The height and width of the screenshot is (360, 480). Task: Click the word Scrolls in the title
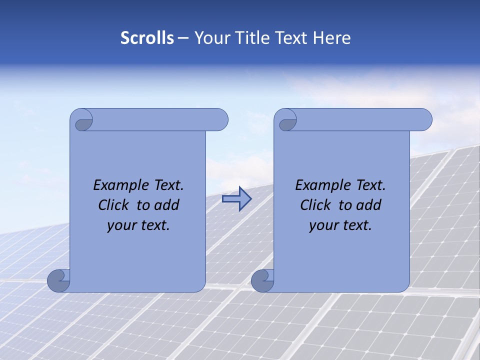tap(147, 38)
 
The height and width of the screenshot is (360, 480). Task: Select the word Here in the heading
tap(332, 38)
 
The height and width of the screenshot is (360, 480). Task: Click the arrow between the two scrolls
tap(236, 199)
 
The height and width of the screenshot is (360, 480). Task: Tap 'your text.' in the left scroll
tap(138, 225)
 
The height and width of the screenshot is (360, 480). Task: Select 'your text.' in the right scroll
tap(340, 225)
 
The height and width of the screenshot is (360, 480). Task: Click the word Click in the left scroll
tap(114, 205)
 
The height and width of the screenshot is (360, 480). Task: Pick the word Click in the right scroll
tap(316, 205)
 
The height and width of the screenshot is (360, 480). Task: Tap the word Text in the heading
tap(290, 38)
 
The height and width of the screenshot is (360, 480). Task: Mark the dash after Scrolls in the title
tap(183, 38)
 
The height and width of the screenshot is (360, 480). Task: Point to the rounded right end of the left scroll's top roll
tap(220, 119)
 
